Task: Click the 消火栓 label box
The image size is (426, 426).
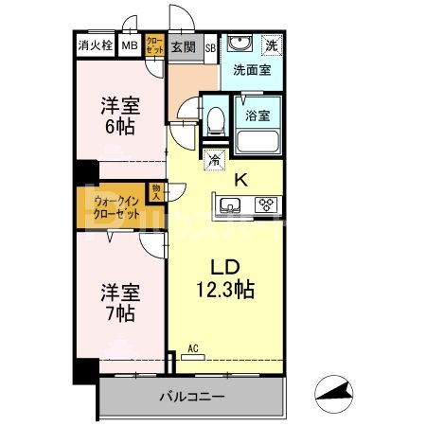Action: [95, 44]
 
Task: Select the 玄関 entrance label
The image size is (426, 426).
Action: [182, 44]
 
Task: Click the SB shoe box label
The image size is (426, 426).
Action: [210, 44]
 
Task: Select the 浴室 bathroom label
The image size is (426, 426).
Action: [258, 116]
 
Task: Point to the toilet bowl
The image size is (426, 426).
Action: [215, 117]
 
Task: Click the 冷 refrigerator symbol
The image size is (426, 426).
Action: [215, 160]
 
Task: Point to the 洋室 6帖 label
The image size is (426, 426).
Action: [119, 115]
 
